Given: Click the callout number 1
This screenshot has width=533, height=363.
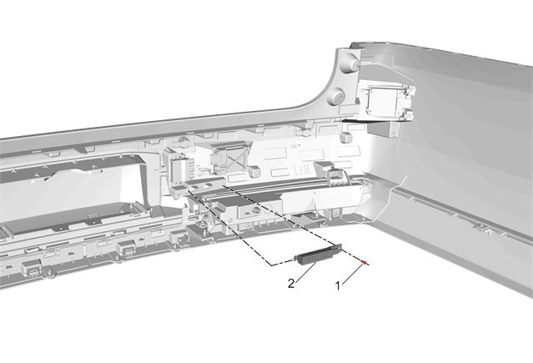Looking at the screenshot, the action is pyautogui.click(x=338, y=286).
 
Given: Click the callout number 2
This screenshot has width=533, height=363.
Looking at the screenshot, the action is pyautogui.click(x=291, y=284).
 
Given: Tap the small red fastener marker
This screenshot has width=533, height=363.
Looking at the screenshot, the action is pyautogui.click(x=365, y=263).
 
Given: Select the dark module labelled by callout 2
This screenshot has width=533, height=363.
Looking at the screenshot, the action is pyautogui.click(x=319, y=255).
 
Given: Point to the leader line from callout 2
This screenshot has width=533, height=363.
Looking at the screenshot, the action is pyautogui.click(x=306, y=272).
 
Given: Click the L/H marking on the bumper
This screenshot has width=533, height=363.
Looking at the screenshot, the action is pyautogui.click(x=302, y=169).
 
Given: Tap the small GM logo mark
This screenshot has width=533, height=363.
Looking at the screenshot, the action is pyautogui.click(x=294, y=145).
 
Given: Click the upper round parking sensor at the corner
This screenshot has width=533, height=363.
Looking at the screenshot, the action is pyautogui.click(x=351, y=63).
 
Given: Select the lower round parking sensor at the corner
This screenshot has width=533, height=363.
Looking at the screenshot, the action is pyautogui.click(x=336, y=96).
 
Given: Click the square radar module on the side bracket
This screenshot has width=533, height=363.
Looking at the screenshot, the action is pyautogui.click(x=386, y=102).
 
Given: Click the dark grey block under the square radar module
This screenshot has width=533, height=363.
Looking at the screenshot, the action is pyautogui.click(x=384, y=129).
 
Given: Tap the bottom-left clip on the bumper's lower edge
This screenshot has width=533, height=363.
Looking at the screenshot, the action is pyautogui.click(x=31, y=269).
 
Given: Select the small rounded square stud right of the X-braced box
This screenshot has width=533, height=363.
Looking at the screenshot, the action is pyautogui.click(x=254, y=171).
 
